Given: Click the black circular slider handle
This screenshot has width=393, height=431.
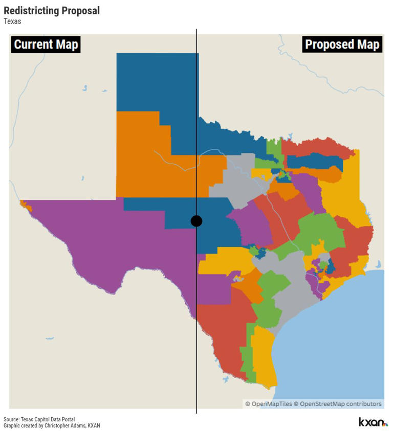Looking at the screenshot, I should point(196,221).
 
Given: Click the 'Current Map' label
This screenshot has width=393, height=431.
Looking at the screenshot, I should point(46,44).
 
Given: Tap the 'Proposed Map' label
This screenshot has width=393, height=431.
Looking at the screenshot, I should point(342,44).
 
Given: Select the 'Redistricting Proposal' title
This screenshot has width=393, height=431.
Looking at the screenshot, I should point(52,11).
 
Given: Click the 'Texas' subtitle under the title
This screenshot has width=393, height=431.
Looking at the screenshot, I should point(12,21).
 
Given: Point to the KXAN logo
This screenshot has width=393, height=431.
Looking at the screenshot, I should point(373,422).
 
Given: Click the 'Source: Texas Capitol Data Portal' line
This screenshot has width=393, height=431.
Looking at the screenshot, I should point(39,419).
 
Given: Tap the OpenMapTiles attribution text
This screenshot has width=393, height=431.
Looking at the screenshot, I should point(269,404).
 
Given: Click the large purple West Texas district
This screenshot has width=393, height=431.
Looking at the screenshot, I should point(102,240).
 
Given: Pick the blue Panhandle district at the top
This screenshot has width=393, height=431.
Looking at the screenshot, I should point(154,82).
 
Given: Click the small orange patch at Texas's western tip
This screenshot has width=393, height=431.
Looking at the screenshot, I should point(25,206).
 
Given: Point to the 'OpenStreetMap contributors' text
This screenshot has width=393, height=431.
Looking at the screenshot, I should point(341,404).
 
